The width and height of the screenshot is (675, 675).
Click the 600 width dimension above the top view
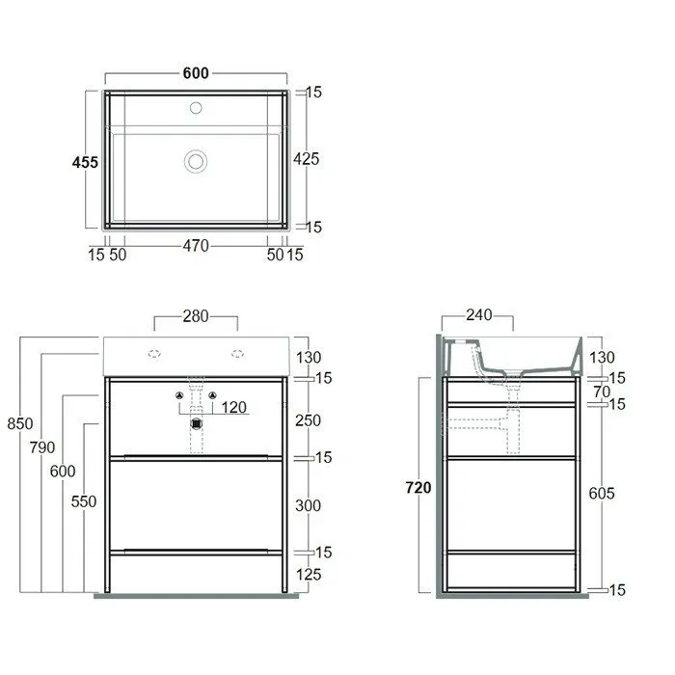click(196, 73)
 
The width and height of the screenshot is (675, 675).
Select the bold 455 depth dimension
click(85, 162)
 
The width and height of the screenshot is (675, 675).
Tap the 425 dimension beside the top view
click(306, 159)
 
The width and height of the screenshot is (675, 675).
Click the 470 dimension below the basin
click(196, 246)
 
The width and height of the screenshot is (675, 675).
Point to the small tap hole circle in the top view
click(196, 108)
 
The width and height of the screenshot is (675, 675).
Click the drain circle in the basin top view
click(196, 161)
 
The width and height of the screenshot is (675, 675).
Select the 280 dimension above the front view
click(196, 316)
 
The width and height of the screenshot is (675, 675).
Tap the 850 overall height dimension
click(20, 423)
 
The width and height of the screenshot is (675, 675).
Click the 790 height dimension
click(42, 447)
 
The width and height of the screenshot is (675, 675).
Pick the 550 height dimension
click(84, 501)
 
